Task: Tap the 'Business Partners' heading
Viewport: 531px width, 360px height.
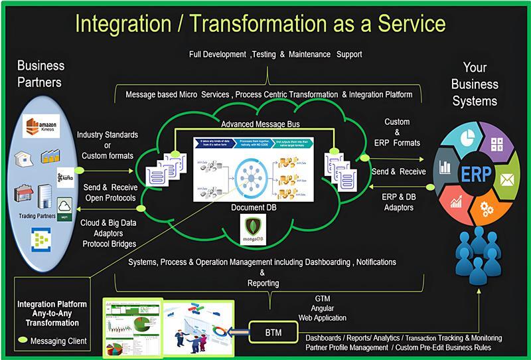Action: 40,74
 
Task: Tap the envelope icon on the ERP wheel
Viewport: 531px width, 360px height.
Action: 507,178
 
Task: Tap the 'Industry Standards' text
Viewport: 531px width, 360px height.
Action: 108,135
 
